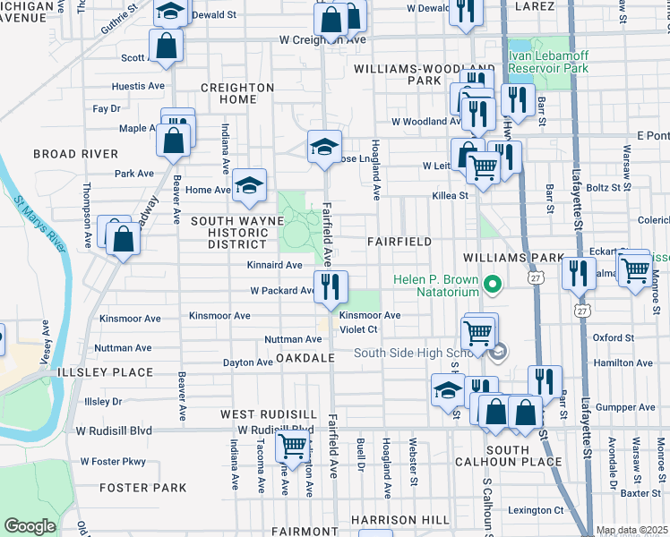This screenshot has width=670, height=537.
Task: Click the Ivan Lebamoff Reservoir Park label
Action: [x=548, y=61]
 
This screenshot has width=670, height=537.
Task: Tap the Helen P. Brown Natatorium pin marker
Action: [x=491, y=286]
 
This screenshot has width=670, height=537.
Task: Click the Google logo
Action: [x=30, y=526]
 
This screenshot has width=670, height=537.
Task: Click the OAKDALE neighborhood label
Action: [x=305, y=358]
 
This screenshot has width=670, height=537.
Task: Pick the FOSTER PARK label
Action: [x=143, y=488]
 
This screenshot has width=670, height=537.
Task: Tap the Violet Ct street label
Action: [x=360, y=329]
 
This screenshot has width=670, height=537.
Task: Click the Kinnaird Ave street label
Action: [x=275, y=265]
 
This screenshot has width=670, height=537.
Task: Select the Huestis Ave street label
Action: [x=138, y=87]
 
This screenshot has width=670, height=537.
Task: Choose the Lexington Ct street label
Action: [x=537, y=510]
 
